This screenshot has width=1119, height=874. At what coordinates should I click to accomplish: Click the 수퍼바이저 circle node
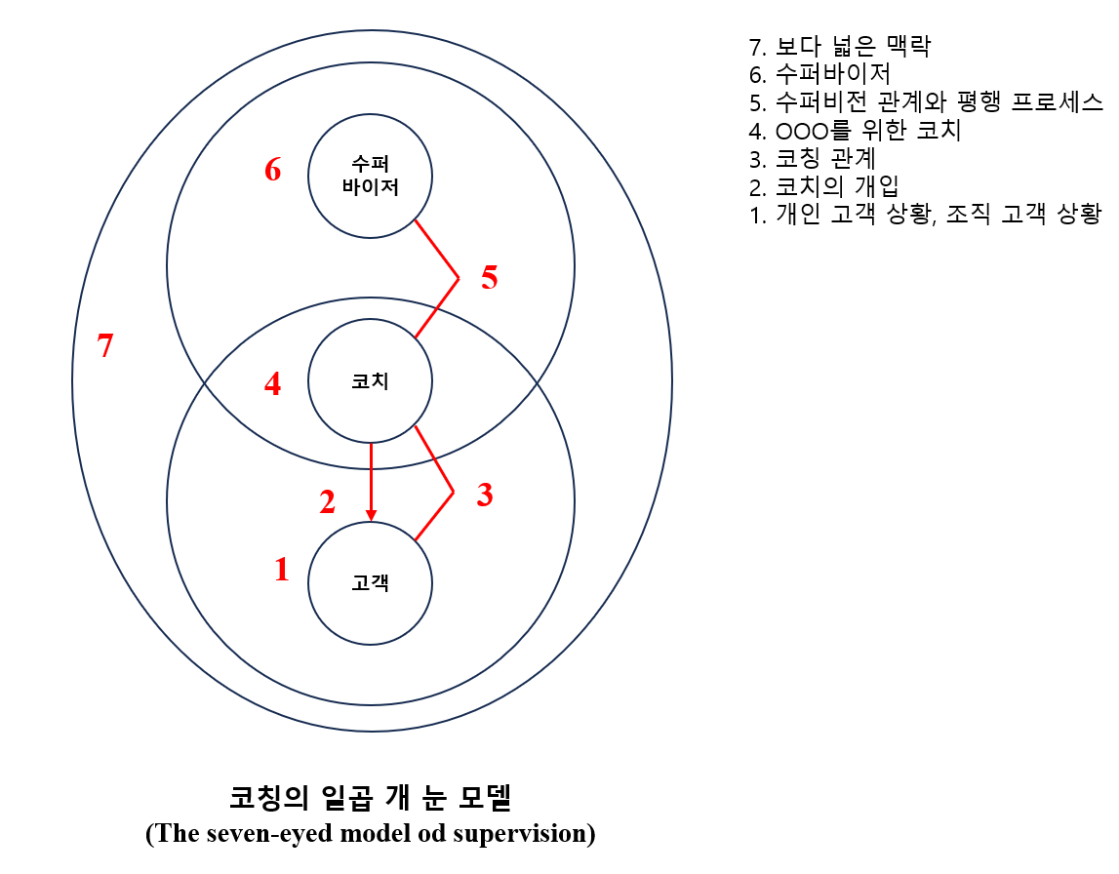(x=370, y=177)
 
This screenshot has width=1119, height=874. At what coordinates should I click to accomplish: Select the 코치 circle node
(x=370, y=381)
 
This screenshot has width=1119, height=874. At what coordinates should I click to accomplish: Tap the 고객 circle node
(x=370, y=583)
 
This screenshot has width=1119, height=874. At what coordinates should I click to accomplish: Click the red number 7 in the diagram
(x=105, y=345)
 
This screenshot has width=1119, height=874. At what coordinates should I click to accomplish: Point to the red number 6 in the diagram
(x=273, y=171)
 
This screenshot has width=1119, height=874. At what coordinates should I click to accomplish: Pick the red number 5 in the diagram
(x=489, y=278)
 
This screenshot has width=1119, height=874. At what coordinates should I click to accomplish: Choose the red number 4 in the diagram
(x=273, y=385)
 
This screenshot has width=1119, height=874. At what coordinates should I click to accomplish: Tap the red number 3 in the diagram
(x=484, y=496)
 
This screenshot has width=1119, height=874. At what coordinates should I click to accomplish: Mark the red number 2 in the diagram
(x=327, y=502)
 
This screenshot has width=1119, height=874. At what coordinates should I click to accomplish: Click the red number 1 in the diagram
(x=282, y=570)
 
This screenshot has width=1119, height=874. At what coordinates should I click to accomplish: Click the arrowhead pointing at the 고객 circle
(x=371, y=514)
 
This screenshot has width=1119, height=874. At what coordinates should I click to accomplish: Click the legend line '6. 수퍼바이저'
(x=819, y=74)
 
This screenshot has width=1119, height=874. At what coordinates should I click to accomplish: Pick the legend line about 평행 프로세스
(x=925, y=102)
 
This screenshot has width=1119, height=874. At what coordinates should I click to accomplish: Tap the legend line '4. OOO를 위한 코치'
(x=855, y=131)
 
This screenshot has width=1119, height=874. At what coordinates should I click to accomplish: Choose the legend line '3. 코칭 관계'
(x=813, y=159)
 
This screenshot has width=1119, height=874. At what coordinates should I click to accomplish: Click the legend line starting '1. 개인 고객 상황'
(x=925, y=216)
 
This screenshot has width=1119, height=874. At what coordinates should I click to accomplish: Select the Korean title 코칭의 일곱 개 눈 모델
(x=370, y=798)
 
